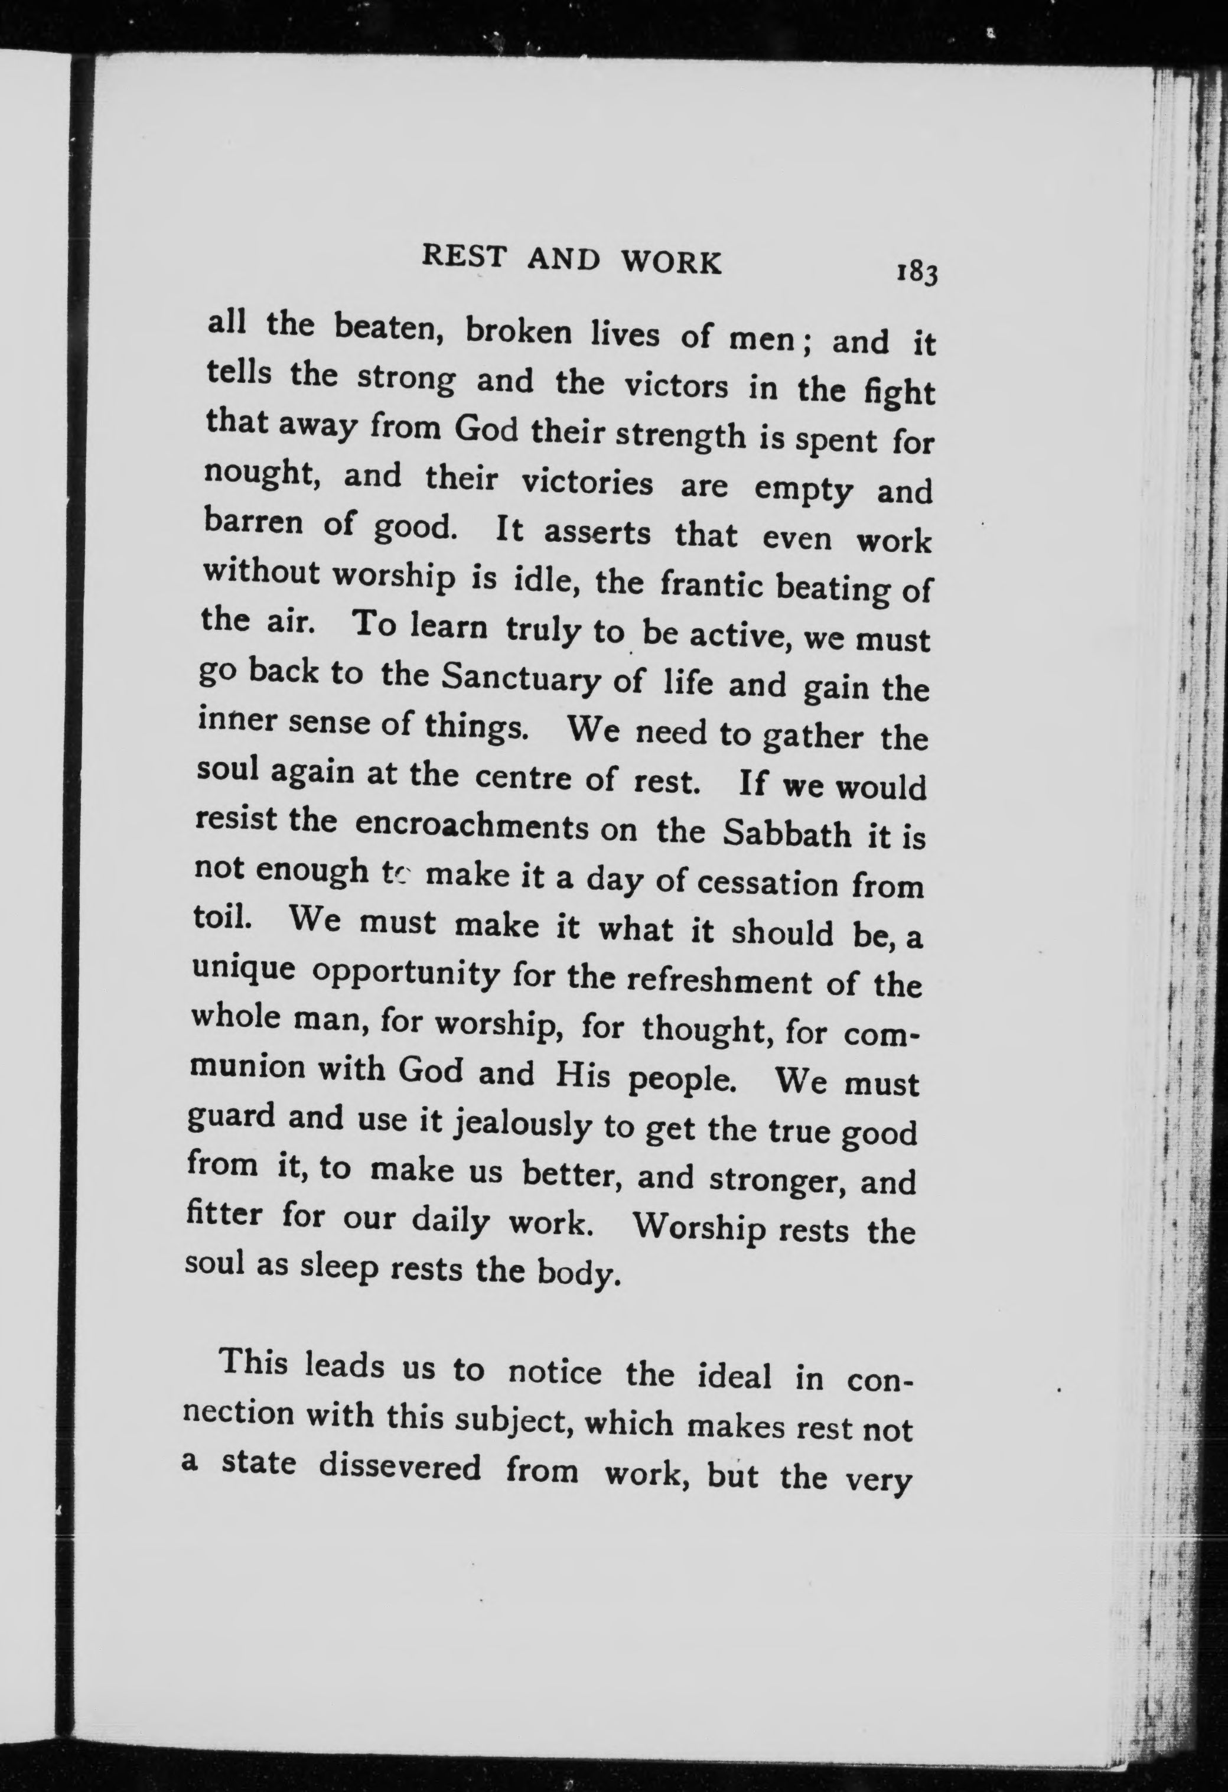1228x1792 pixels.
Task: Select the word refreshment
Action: pos(718,981)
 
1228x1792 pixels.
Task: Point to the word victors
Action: pos(675,386)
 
